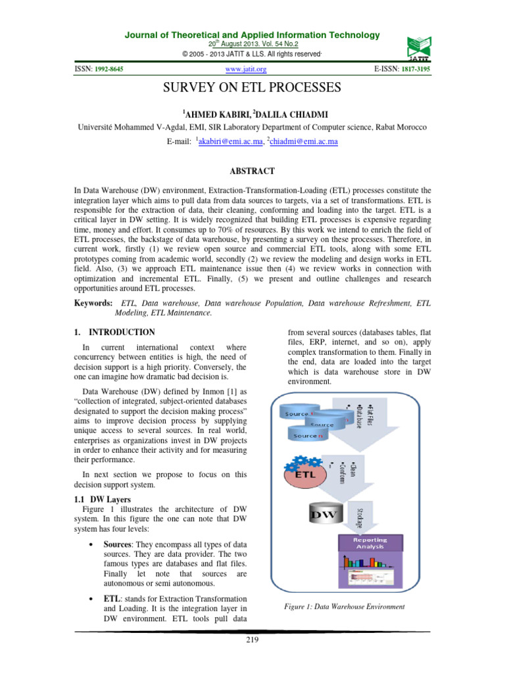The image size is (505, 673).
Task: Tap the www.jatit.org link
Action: click(246, 68)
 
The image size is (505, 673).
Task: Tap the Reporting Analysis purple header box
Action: click(370, 543)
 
